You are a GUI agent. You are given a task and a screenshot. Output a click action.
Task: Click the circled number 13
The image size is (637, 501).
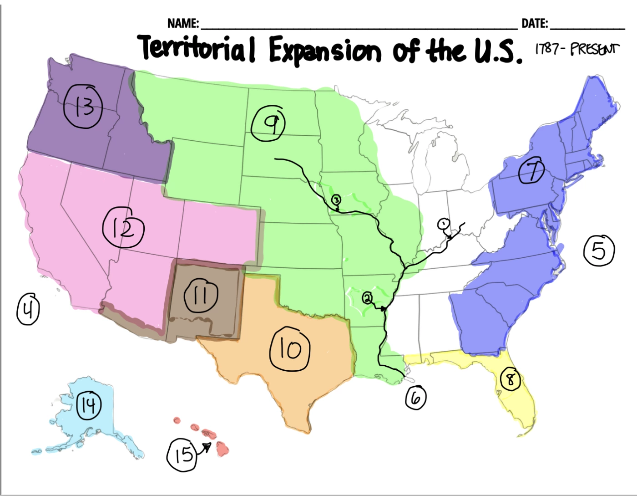point(83,107)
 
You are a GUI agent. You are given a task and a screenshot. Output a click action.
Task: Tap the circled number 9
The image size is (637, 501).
point(268,124)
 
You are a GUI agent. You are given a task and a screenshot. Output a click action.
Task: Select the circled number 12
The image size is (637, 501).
point(123,228)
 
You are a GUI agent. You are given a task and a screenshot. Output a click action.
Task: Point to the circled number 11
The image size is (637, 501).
point(201,296)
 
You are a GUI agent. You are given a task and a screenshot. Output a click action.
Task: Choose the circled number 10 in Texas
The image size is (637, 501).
point(290,349)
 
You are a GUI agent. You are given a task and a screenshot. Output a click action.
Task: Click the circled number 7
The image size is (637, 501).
point(531,171)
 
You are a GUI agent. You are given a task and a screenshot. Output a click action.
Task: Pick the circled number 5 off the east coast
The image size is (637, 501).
point(599,250)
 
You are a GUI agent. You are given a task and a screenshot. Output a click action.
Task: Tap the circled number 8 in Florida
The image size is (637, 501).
point(510,379)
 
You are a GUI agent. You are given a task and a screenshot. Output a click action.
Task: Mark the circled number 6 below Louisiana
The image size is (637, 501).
point(415,398)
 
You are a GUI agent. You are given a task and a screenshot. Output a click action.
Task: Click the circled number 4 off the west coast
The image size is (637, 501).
point(28,309)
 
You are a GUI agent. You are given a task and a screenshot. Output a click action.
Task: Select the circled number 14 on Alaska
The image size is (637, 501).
point(88,405)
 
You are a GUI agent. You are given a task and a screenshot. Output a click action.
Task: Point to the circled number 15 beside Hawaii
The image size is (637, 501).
point(182,455)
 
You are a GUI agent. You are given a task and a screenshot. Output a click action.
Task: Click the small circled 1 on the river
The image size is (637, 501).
point(443,224)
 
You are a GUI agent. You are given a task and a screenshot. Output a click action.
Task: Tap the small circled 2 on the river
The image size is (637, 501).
point(367,298)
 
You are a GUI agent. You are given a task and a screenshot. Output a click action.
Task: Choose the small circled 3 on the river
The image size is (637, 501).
point(336,200)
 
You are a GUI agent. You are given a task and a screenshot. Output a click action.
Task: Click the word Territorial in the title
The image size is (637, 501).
point(197,48)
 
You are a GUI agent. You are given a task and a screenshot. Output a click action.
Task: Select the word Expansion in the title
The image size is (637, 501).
point(325,50)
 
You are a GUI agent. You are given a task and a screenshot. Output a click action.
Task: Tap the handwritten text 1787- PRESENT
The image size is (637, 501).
point(577,49)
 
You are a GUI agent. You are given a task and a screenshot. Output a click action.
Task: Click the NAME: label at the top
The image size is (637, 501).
point(183,23)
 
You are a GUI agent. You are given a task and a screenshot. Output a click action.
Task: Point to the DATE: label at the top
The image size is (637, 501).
point(535,23)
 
